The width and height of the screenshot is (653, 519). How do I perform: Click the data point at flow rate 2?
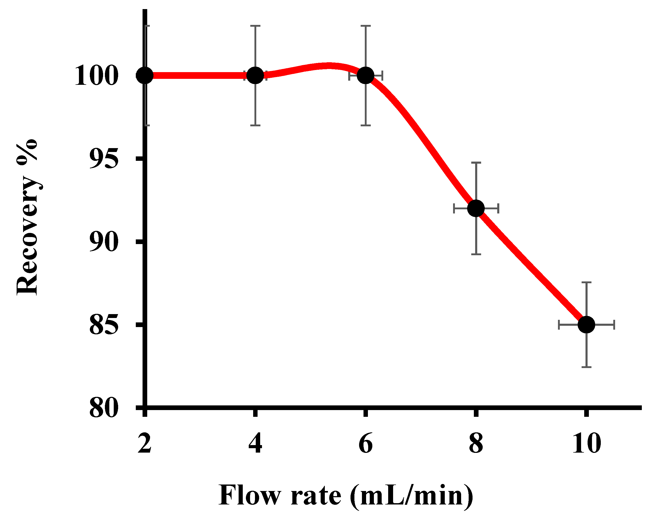point(145,75)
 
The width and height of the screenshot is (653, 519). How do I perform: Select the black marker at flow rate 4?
point(255,75)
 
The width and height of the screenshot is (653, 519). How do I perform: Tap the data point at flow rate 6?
point(366,75)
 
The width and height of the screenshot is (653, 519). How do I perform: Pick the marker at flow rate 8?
point(476,208)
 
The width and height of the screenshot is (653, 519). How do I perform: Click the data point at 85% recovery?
point(586,325)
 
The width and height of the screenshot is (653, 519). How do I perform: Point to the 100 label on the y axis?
point(96,76)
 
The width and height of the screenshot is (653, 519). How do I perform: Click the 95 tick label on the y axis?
point(103,159)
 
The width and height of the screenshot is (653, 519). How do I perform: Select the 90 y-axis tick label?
point(103,242)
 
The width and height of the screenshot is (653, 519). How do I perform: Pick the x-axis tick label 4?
point(255,444)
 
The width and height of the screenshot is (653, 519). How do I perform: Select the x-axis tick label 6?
point(366,444)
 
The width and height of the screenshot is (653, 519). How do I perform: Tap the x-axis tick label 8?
point(476,444)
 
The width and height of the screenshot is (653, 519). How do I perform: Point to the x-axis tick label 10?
point(586,444)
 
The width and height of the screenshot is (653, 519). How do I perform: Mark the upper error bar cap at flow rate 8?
point(476,163)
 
